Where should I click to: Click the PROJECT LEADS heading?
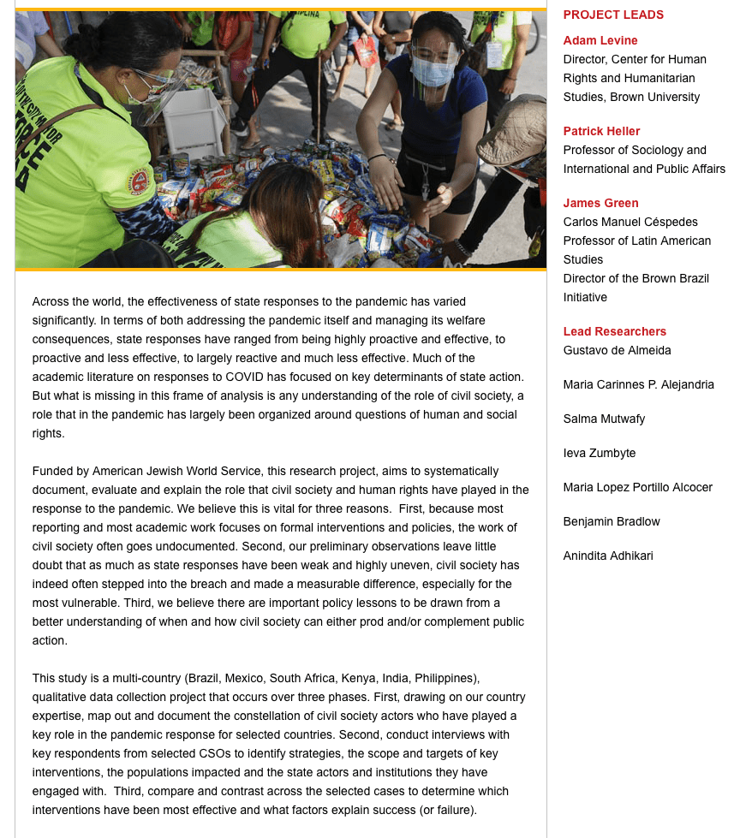[613, 15]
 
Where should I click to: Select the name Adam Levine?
[600, 40]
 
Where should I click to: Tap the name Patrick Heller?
[601, 131]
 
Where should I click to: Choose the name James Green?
[600, 203]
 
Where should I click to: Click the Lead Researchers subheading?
[614, 331]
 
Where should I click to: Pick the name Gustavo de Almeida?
[617, 350]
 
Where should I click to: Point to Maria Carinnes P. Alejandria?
[638, 384]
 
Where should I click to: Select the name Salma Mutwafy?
[604, 419]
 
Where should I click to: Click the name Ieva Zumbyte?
[600, 453]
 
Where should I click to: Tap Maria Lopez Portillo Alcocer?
[637, 487]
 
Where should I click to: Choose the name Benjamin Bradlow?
[612, 521]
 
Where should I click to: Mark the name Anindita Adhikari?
[608, 556]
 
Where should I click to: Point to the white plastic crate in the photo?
[194, 122]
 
